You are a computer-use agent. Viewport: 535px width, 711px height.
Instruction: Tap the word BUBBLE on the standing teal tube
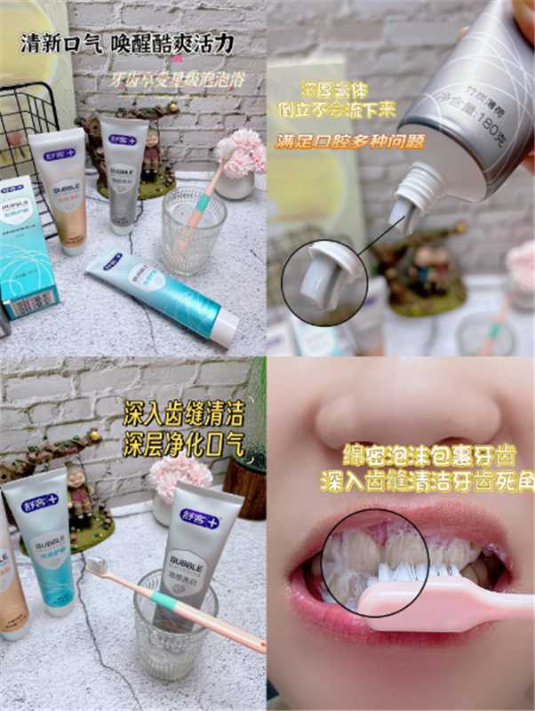tap(45, 543)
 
